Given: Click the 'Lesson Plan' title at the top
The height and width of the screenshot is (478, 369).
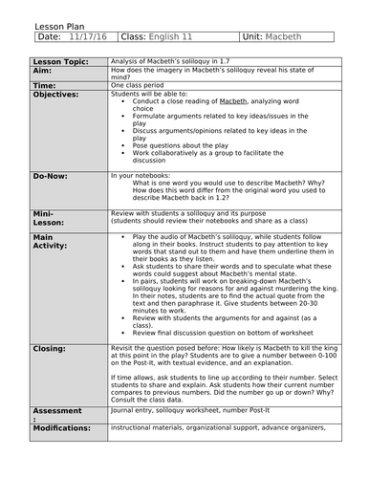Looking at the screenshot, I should (x=35, y=25).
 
